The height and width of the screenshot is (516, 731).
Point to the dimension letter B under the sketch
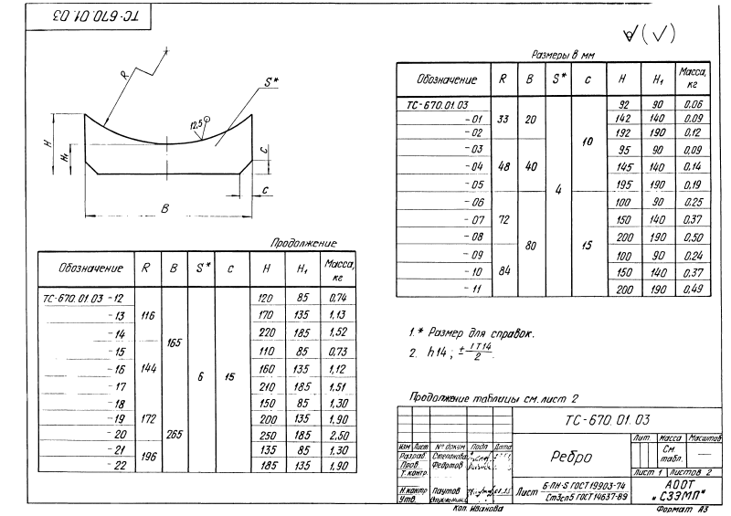164,209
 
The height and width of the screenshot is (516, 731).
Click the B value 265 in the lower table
173,436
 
